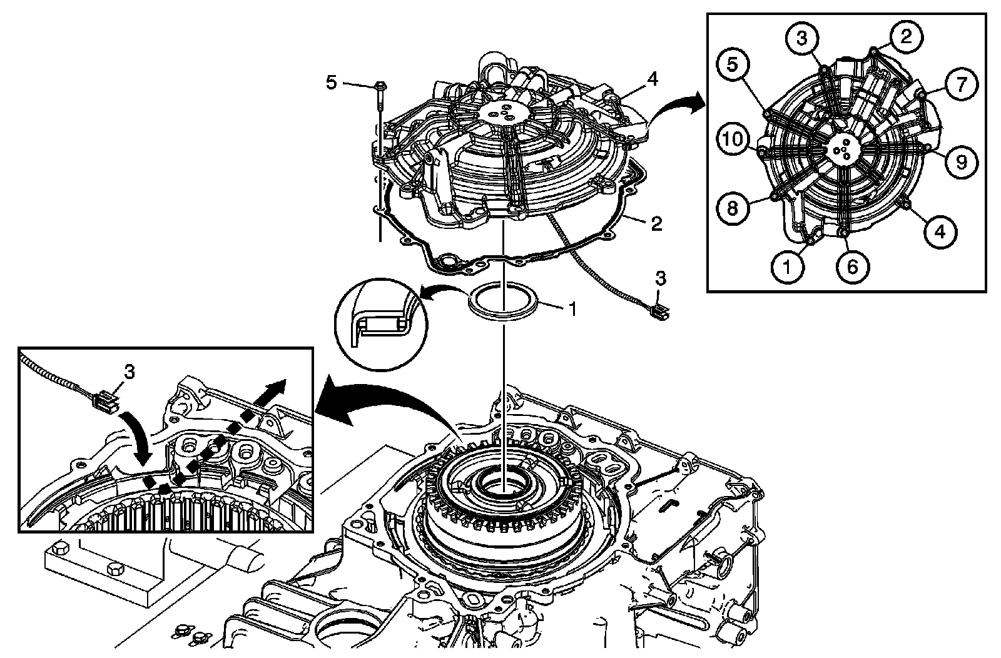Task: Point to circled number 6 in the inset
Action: click(853, 267)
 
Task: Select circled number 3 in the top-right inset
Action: click(803, 38)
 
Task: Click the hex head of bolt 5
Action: click(380, 85)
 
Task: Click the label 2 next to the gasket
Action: click(656, 223)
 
